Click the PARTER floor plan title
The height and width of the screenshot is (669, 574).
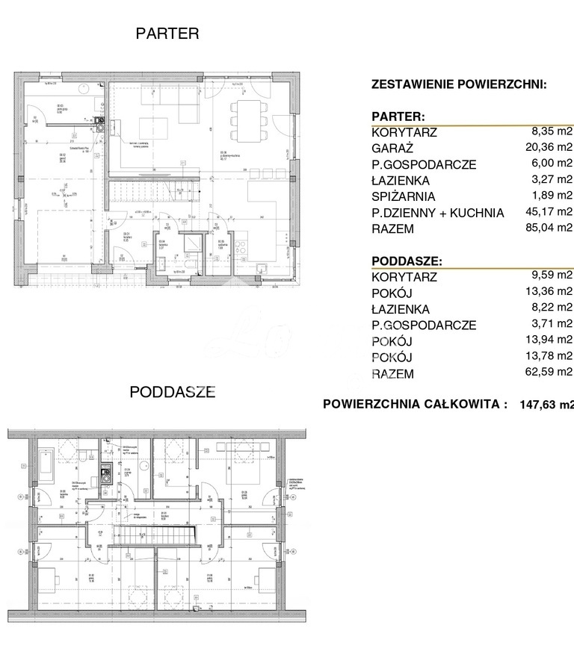point(167,34)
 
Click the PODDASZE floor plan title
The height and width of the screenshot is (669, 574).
point(173,391)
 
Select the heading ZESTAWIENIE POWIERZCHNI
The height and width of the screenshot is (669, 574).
point(459,84)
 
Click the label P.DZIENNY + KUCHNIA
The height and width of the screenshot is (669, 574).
point(437,213)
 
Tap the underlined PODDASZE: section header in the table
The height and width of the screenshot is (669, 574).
point(406,261)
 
